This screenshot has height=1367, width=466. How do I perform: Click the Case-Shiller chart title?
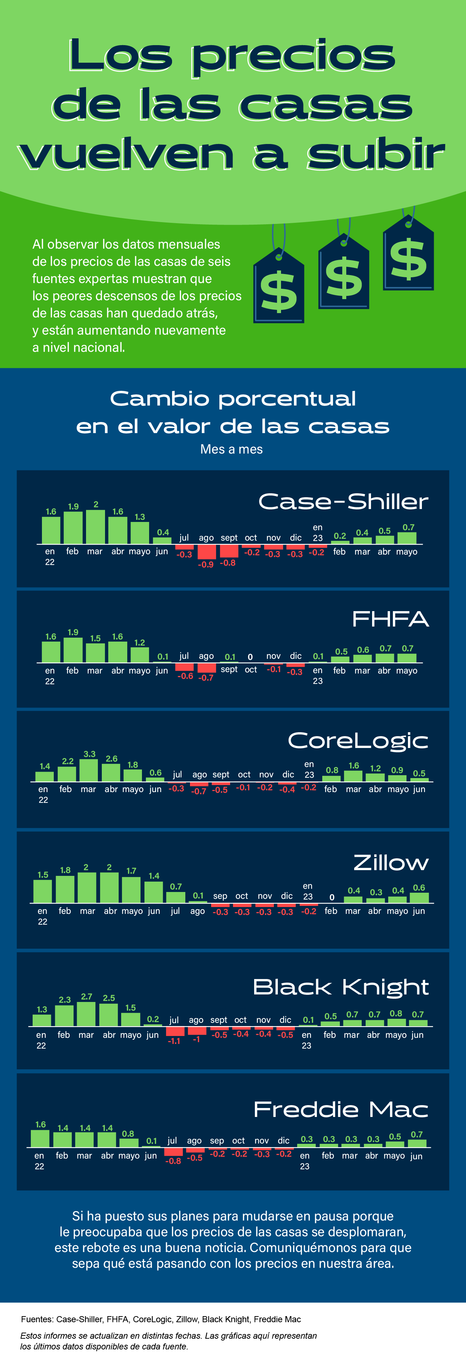[343, 502]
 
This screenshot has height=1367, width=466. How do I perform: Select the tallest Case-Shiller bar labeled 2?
[96, 527]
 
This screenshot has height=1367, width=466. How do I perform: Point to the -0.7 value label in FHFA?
[206, 678]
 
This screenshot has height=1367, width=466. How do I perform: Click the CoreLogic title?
[358, 741]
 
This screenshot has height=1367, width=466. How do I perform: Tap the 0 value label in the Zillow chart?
[332, 897]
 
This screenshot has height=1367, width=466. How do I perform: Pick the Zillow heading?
[391, 863]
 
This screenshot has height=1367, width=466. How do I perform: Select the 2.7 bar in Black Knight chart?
[86, 1014]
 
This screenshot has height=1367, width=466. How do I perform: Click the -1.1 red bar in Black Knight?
[175, 1031]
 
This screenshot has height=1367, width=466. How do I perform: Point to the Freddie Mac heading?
[341, 1110]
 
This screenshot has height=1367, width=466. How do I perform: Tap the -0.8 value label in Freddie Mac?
[173, 1161]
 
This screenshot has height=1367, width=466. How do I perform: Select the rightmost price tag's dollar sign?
[408, 259]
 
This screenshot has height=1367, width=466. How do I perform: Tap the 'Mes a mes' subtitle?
[232, 450]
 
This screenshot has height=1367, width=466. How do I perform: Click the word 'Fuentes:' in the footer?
[37, 1319]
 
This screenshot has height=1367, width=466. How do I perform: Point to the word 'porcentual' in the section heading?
[287, 399]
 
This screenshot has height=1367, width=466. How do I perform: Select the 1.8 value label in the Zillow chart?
[65, 870]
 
